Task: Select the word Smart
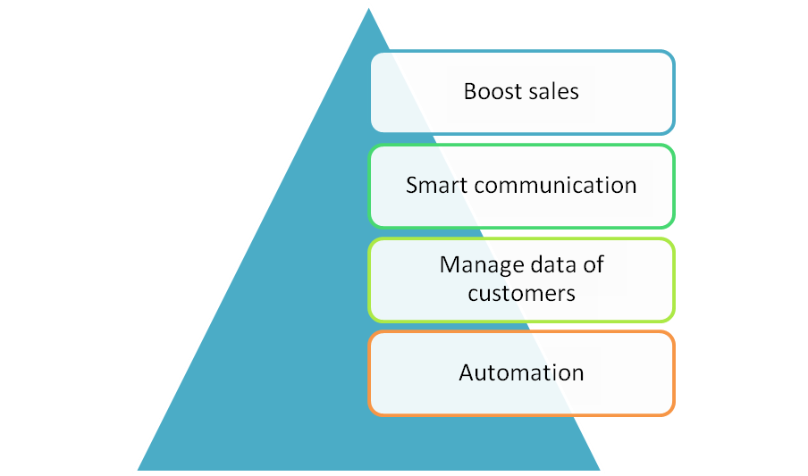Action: pos(436,186)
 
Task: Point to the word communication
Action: pos(556,186)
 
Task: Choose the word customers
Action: pos(521,293)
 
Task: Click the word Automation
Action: pos(521,372)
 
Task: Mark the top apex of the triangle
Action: pos(368,4)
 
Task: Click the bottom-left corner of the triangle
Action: pos(136,470)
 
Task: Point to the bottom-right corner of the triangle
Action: pos(602,470)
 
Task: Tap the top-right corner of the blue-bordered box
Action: pos(671,54)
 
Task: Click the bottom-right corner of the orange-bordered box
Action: pos(671,412)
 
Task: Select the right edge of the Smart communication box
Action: pos(674,186)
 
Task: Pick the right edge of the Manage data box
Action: pos(674,280)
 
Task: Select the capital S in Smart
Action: pos(412,186)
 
